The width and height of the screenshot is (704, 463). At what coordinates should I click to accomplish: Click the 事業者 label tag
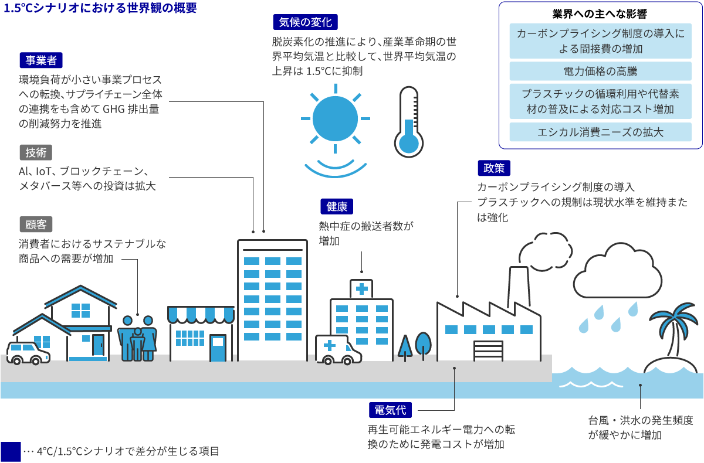tap(40, 61)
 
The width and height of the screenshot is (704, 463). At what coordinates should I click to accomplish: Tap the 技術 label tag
tap(36, 152)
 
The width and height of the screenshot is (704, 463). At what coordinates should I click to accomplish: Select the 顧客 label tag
tap(36, 224)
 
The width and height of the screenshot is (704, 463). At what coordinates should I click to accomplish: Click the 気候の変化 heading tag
tap(305, 23)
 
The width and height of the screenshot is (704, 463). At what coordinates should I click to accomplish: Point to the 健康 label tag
tap(337, 206)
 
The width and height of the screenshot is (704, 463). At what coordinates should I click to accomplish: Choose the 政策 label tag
tap(493, 169)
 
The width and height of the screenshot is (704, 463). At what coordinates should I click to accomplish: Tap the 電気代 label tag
tap(390, 410)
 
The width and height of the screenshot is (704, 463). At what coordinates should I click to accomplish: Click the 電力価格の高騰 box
tap(600, 72)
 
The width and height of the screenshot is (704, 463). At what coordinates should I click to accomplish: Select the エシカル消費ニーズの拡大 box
tap(600, 132)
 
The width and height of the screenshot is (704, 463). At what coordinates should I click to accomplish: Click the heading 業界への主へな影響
tap(600, 13)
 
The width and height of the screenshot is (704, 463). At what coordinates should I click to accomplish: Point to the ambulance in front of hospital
tap(338, 349)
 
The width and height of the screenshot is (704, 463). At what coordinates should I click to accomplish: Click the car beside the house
tap(28, 352)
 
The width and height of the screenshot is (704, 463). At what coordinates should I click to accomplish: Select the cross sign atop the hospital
tap(361, 288)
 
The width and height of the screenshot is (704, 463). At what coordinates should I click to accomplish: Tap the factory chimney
tap(518, 285)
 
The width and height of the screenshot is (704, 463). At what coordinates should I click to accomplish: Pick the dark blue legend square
tap(11, 451)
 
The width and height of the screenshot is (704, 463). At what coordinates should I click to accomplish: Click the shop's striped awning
tap(201, 315)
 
